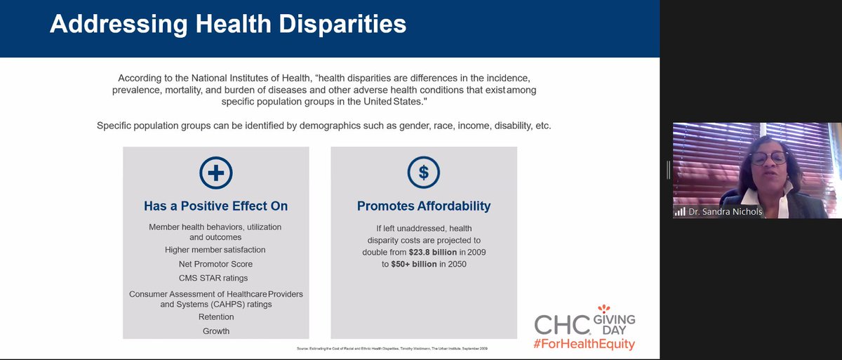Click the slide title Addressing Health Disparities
coord(228,24)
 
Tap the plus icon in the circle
coord(215,173)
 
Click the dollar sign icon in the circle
coord(423,173)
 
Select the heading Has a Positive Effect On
coord(215,206)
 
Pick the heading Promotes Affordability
coord(424,206)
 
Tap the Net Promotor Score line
coord(215,264)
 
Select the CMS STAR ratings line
coord(215,278)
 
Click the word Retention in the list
coord(215,317)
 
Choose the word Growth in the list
coord(215,331)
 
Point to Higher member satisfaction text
coord(215,250)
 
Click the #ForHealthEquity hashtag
coord(584,345)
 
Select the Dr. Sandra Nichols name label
coord(725,211)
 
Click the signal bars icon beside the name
coord(679,211)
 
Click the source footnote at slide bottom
coord(392,348)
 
